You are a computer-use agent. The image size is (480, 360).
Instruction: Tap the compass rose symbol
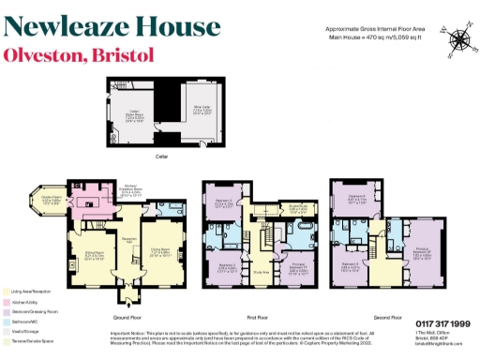click(459, 39)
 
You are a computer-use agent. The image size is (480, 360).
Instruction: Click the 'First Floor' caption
click(267, 304)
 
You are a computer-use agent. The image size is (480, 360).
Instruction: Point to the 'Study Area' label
click(261, 273)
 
